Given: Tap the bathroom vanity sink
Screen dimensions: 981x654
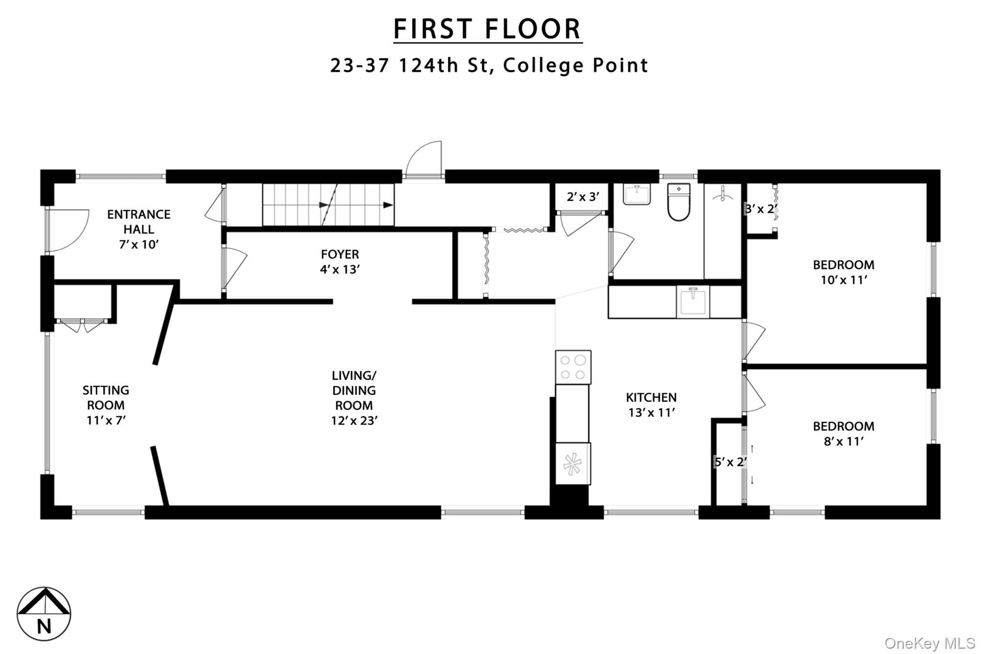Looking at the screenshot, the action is click(x=637, y=194).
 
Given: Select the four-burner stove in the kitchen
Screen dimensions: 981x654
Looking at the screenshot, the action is click(x=573, y=367).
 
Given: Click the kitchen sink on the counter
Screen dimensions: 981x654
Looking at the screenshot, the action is click(x=693, y=301).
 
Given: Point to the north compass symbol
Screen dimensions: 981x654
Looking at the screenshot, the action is click(x=44, y=614).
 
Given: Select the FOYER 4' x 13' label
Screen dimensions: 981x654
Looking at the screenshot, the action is click(x=340, y=262).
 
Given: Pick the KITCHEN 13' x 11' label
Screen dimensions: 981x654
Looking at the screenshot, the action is click(x=651, y=405).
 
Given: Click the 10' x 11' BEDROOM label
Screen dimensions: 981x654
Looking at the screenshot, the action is click(x=844, y=272).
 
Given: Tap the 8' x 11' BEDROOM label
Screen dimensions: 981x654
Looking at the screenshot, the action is click(x=844, y=434).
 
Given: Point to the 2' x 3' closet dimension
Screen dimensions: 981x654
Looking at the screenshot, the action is click(x=583, y=197).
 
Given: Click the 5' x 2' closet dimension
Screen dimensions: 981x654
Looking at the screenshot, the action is click(x=730, y=462).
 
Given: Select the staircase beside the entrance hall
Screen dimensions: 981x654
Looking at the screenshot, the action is click(x=328, y=205).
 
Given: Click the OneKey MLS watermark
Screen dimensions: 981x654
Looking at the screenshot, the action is click(x=930, y=643).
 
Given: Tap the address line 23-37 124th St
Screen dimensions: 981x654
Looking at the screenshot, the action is click(x=489, y=65).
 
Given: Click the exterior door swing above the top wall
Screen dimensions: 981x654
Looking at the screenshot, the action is click(x=423, y=159).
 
